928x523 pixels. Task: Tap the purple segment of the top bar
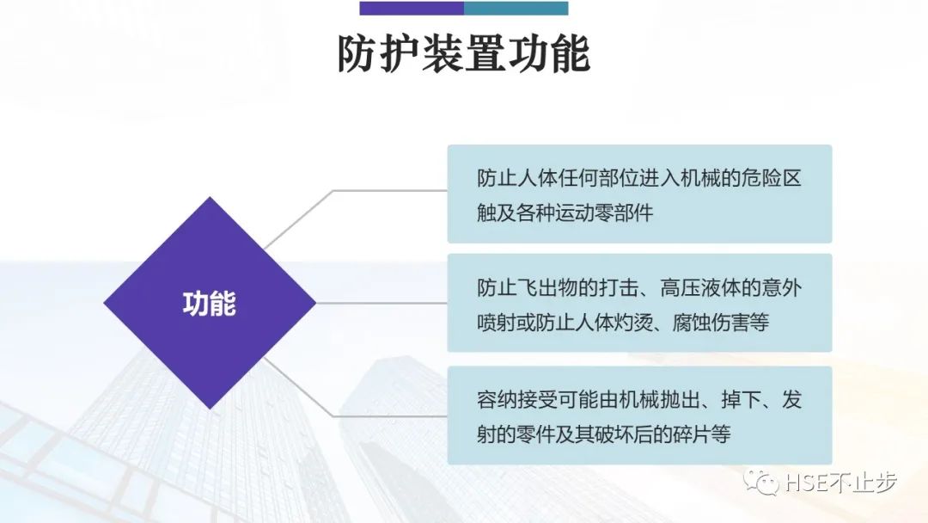pos(412,9)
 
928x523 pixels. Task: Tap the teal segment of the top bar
pos(516,9)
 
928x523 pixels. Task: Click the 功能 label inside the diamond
pos(210,304)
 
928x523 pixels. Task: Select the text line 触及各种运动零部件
pos(565,212)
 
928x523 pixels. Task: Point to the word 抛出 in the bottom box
pos(675,400)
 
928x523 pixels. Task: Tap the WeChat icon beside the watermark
pos(761,483)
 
